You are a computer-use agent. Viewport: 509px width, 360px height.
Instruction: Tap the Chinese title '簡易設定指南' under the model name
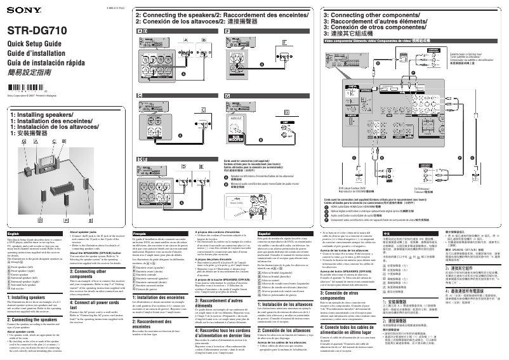pos(29,72)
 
